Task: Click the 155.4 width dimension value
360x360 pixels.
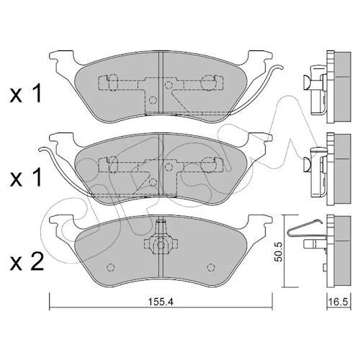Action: coord(161,302)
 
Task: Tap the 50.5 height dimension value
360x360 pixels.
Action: coord(279,251)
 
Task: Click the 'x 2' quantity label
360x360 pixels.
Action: coord(27,263)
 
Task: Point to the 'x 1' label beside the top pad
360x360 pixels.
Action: coord(26,94)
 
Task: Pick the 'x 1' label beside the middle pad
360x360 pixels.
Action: coord(26,179)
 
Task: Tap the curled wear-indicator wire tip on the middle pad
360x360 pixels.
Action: coord(42,149)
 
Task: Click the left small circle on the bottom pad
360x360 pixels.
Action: coord(111,267)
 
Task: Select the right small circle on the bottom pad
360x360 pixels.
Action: coord(211,267)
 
